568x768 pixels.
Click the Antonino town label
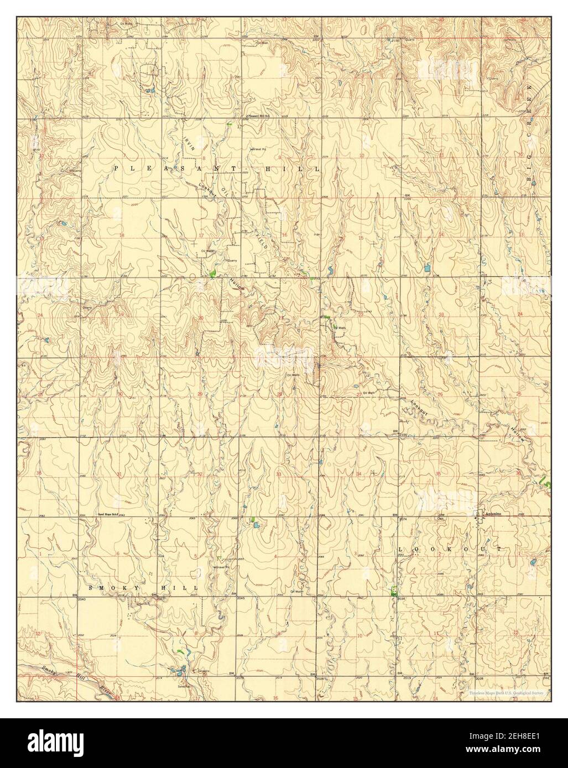(x=493, y=514)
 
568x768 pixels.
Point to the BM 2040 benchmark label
(x=79, y=598)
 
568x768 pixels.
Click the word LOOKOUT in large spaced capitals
(x=450, y=550)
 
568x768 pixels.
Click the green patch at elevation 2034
(x=393, y=590)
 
